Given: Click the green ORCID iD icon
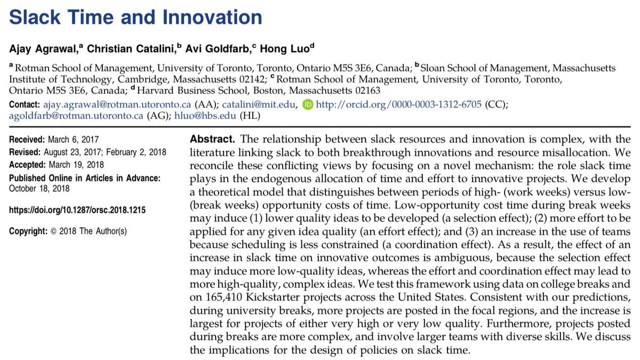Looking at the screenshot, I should click(308, 105).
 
